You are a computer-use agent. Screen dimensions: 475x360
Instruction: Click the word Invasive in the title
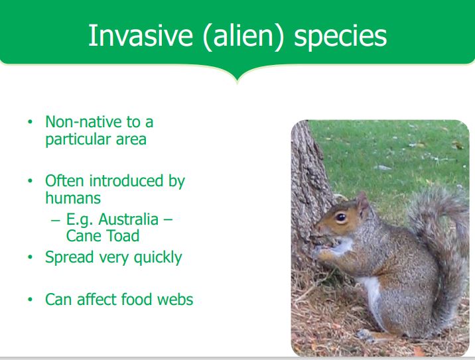pos(140,36)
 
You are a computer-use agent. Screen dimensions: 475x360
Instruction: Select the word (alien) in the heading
pos(243,36)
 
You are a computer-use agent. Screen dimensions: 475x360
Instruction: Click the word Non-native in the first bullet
pos(84,122)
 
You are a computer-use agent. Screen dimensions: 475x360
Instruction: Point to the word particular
pos(78,140)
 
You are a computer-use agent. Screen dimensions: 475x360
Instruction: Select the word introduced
pos(126,181)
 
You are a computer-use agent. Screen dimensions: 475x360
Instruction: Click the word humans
pos(73,198)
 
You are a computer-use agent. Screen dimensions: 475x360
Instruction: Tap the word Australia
pos(129,219)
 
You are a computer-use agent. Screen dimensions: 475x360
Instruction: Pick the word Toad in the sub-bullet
pos(123,236)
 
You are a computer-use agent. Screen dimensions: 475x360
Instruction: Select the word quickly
pos(158,258)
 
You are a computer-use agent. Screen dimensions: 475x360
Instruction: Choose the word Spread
pos(70,258)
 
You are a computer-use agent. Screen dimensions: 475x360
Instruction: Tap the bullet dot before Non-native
pos(30,122)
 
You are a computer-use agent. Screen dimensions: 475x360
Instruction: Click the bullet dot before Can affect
pos(30,300)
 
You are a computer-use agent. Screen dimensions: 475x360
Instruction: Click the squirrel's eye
pos(341,217)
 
